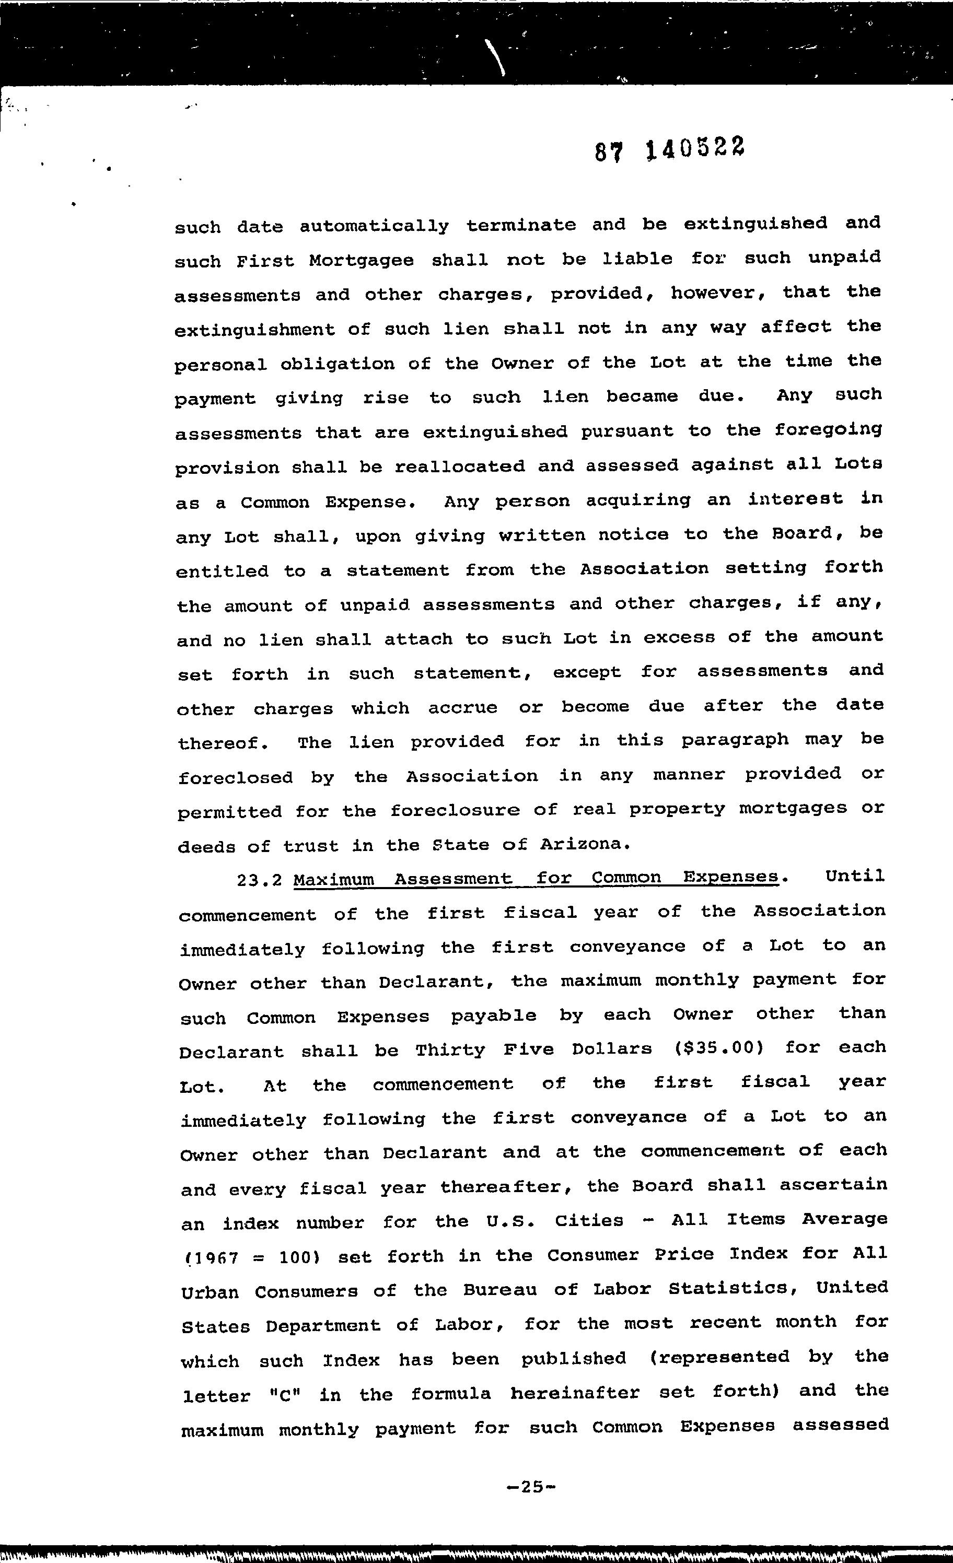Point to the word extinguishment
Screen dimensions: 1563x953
254,330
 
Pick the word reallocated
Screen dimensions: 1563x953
459,467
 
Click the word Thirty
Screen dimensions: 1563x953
450,1050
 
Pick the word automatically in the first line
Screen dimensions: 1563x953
374,226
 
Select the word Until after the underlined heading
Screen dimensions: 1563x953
855,877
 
